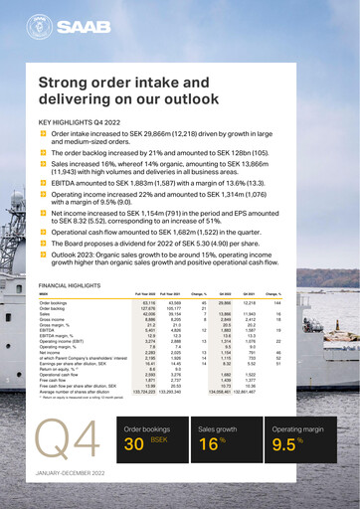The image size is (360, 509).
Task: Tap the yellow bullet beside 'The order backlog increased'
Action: coord(43,154)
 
